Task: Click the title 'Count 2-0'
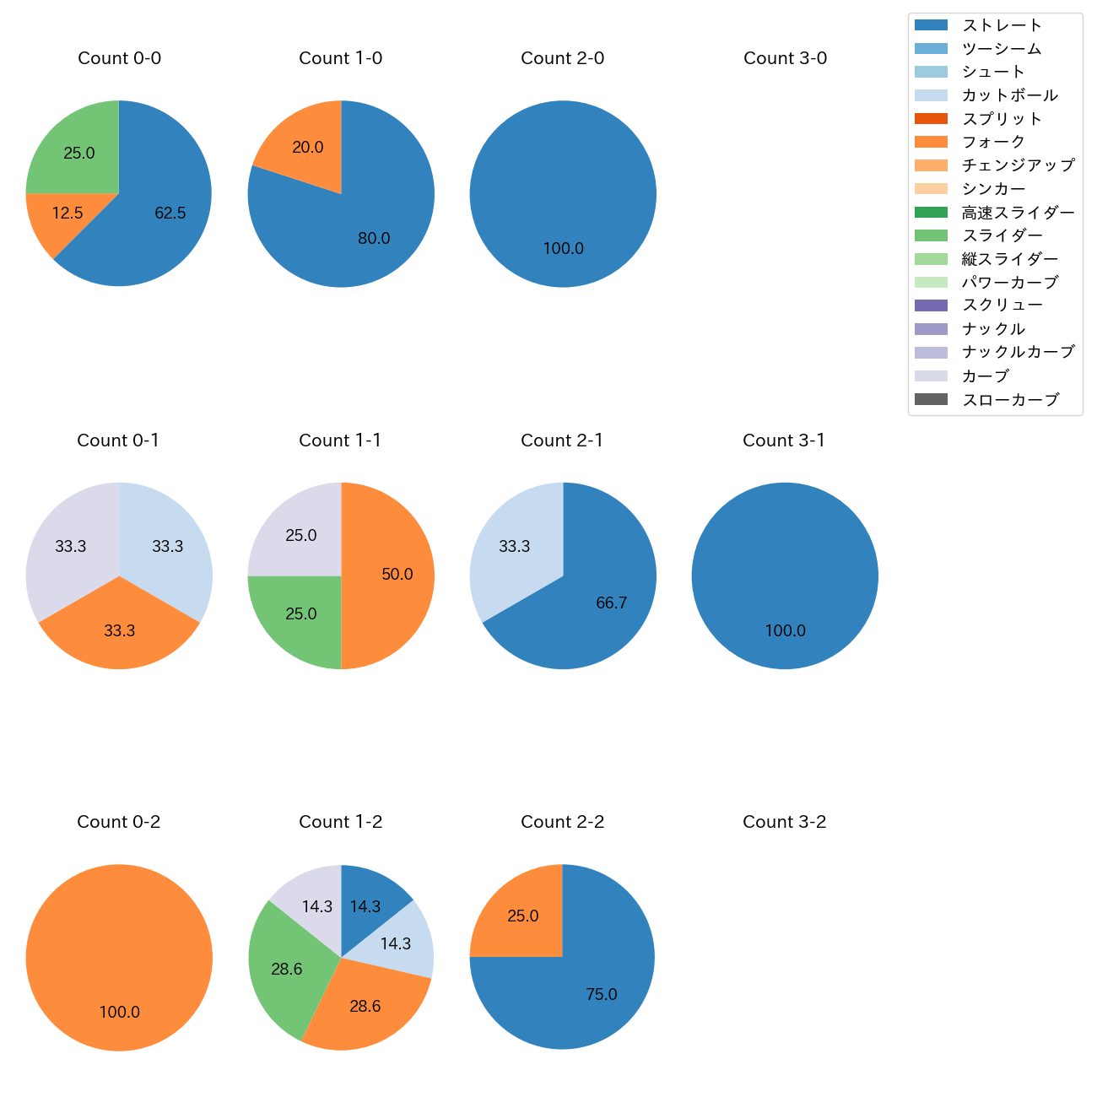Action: tap(563, 58)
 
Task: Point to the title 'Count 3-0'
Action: tap(785, 58)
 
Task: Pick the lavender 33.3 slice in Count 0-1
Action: tap(68, 544)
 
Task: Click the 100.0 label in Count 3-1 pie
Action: tap(785, 630)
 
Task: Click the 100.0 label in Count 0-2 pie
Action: tap(119, 1012)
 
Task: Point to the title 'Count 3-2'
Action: tap(785, 822)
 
